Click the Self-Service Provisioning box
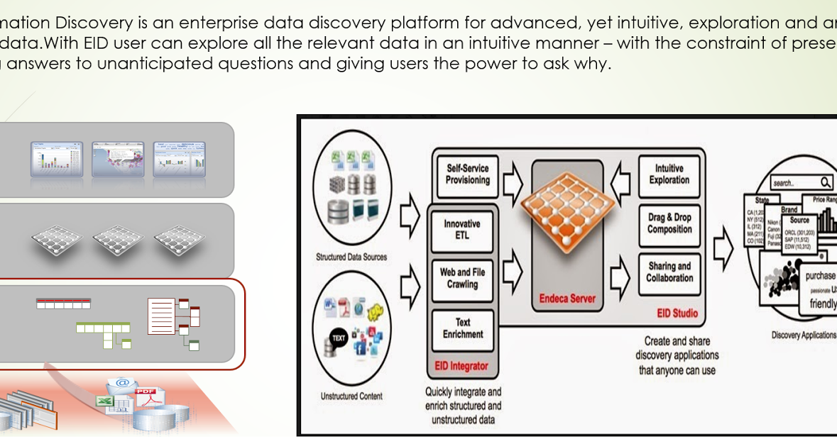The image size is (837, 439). pyautogui.click(x=467, y=174)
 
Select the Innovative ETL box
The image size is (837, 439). pyautogui.click(x=462, y=229)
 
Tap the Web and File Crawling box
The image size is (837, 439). pyautogui.click(x=462, y=278)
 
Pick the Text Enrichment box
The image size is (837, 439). pyautogui.click(x=462, y=328)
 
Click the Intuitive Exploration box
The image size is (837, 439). pyautogui.click(x=669, y=174)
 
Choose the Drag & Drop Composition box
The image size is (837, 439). pyautogui.click(x=669, y=223)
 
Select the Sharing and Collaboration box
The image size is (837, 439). pyautogui.click(x=669, y=272)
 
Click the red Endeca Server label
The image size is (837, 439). pyautogui.click(x=567, y=299)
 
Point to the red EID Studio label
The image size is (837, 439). pyautogui.click(x=677, y=313)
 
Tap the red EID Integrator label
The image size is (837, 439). pyautogui.click(x=461, y=366)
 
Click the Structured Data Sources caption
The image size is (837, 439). pyautogui.click(x=351, y=257)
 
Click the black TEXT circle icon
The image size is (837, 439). pyautogui.click(x=339, y=338)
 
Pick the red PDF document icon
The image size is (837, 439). pyautogui.click(x=146, y=397)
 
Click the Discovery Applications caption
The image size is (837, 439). pyautogui.click(x=804, y=335)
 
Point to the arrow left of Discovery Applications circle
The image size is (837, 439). pyautogui.click(x=723, y=245)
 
